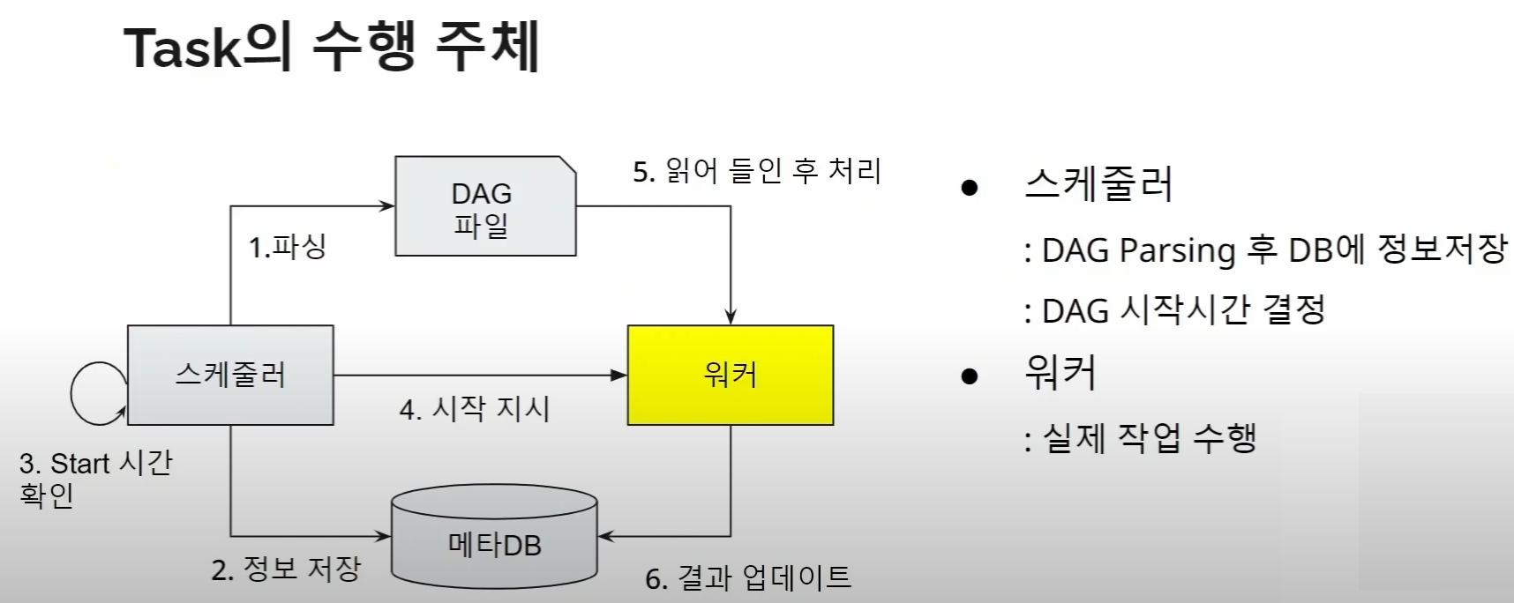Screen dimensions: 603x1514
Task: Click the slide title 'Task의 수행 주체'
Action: pos(331,47)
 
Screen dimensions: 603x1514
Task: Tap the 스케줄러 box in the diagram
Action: pos(230,376)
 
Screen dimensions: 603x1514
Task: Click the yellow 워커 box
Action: pos(730,376)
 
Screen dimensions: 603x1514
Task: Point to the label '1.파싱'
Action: pos(288,247)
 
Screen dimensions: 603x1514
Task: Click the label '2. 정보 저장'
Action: pos(286,569)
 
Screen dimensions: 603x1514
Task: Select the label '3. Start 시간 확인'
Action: pos(95,479)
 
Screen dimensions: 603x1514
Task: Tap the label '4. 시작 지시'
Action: pos(475,409)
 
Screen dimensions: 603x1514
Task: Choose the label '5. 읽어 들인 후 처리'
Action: pos(757,171)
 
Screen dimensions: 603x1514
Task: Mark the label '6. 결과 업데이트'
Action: pos(748,577)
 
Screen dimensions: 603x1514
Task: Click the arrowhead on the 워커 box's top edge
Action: pos(731,317)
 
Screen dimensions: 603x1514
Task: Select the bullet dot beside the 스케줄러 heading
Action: pos(970,187)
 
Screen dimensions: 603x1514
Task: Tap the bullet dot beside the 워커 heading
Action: pos(970,376)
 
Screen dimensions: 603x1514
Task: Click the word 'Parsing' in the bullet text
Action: pos(1177,251)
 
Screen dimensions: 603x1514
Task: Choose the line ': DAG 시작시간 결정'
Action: pos(1174,310)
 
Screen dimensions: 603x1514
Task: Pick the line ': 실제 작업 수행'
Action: pos(1141,438)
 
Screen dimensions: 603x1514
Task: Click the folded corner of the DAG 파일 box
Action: pos(566,165)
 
